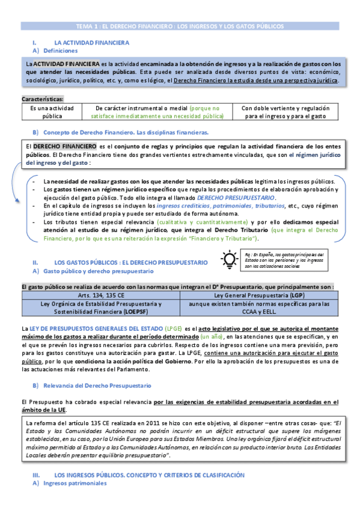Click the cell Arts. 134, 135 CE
tap(100, 296)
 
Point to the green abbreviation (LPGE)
tap(174, 329)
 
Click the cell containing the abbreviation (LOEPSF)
tap(100, 308)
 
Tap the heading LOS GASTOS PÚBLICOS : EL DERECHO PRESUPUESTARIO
tap(131, 263)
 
